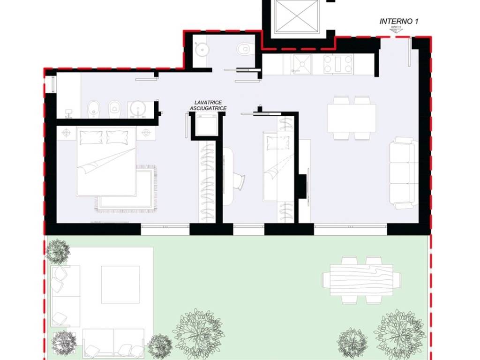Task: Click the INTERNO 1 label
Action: tap(398, 21)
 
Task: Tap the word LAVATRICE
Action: tap(208, 103)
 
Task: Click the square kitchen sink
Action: tap(302, 64)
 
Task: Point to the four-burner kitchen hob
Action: tap(338, 64)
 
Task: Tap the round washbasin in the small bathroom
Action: tap(201, 49)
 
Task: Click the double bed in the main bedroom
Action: tap(106, 162)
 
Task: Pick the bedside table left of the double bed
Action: tap(66, 133)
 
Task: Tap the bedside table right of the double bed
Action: tap(146, 133)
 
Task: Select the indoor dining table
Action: tap(352, 118)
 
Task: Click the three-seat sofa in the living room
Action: tap(403, 173)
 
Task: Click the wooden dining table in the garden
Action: tap(361, 280)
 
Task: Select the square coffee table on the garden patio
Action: tap(120, 285)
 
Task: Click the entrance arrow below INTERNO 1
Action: tap(397, 30)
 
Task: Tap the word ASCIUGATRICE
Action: tap(208, 108)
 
